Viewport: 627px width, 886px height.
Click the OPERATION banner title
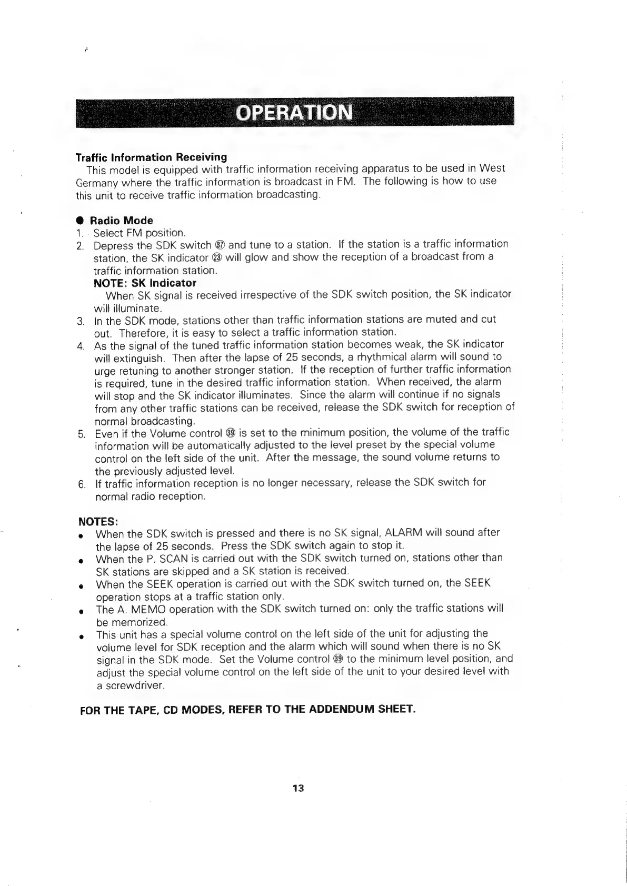[x=294, y=113]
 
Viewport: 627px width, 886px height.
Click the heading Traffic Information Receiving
[x=152, y=157]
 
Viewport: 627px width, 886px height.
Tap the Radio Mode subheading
[x=121, y=220]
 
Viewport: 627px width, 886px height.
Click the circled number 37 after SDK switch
[x=221, y=245]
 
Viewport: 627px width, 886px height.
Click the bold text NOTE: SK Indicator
[x=145, y=283]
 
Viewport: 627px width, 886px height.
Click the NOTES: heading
[x=98, y=522]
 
